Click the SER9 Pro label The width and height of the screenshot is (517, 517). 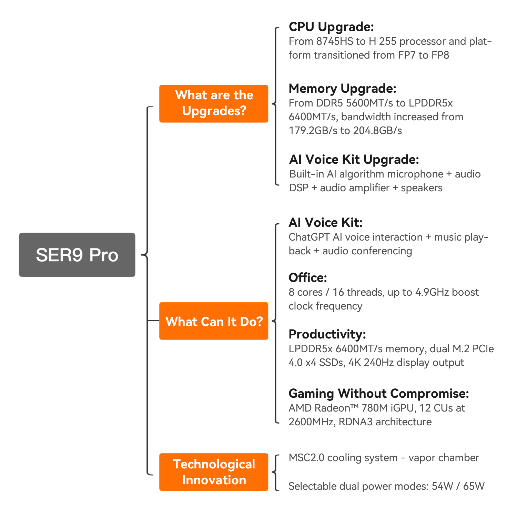[x=77, y=255]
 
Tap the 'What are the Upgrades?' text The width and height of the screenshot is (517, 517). [x=214, y=103]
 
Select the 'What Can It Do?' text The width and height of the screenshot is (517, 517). [x=214, y=322]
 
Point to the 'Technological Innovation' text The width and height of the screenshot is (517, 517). [x=214, y=472]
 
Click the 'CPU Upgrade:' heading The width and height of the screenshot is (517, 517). [x=331, y=27]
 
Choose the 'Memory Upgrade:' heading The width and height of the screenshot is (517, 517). [x=343, y=89]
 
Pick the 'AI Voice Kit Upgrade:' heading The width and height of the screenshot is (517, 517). [x=354, y=160]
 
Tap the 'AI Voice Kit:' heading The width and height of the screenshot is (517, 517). [x=326, y=223]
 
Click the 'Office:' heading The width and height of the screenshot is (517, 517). [x=308, y=278]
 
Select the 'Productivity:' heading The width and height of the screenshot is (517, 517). [x=327, y=334]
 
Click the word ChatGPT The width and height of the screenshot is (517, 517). [x=309, y=237]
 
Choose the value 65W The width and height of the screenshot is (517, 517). [x=474, y=486]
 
